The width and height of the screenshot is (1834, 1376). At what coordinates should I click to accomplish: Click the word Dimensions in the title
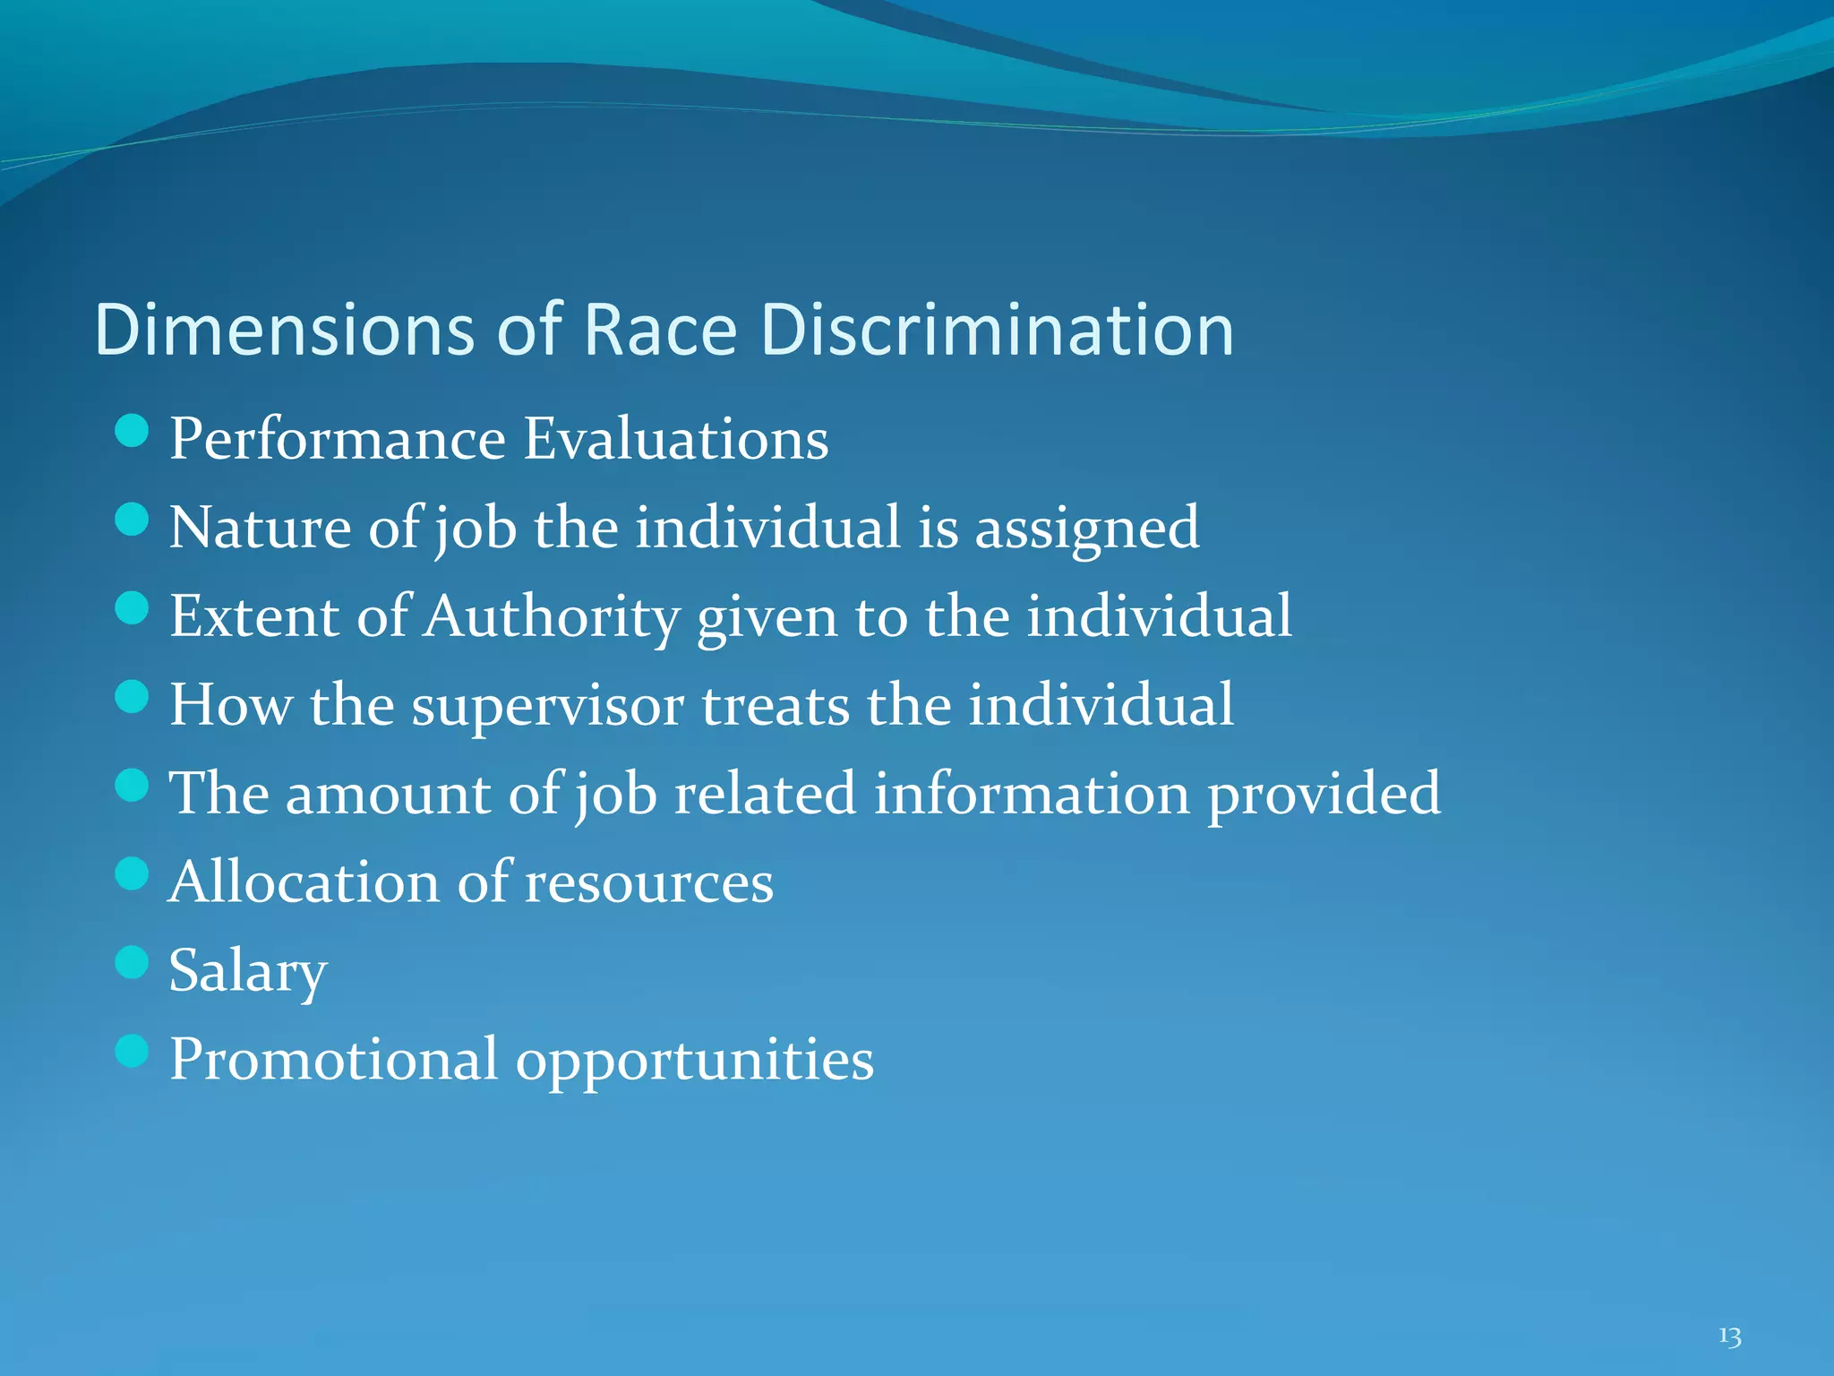click(x=284, y=330)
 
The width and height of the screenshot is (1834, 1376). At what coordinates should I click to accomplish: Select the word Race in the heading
click(x=660, y=330)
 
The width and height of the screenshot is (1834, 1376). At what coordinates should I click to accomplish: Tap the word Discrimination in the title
click(x=997, y=330)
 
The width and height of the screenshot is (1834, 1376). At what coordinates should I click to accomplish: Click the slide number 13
click(x=1729, y=1337)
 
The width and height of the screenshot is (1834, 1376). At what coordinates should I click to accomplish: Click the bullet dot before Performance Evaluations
click(x=132, y=431)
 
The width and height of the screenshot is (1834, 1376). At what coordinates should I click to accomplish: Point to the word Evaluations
click(x=676, y=439)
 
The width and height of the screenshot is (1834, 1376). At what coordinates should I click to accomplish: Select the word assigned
click(x=1086, y=529)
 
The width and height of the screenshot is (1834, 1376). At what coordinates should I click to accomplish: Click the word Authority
click(x=552, y=617)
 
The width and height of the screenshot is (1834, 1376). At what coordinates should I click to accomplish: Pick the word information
click(x=1032, y=794)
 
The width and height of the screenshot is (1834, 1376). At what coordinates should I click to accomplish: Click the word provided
click(x=1324, y=795)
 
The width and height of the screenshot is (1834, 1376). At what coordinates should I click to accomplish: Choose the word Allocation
click(x=304, y=882)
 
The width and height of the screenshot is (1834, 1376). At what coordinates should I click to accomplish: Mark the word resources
click(x=648, y=884)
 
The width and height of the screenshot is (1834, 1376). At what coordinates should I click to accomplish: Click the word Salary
click(x=248, y=971)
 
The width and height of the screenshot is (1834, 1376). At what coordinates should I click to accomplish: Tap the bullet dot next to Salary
click(x=132, y=963)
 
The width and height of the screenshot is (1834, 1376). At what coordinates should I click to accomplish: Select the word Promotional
click(x=333, y=1060)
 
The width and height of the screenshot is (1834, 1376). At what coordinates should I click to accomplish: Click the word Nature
click(x=260, y=528)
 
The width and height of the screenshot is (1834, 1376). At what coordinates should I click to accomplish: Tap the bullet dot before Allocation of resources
click(x=132, y=873)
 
